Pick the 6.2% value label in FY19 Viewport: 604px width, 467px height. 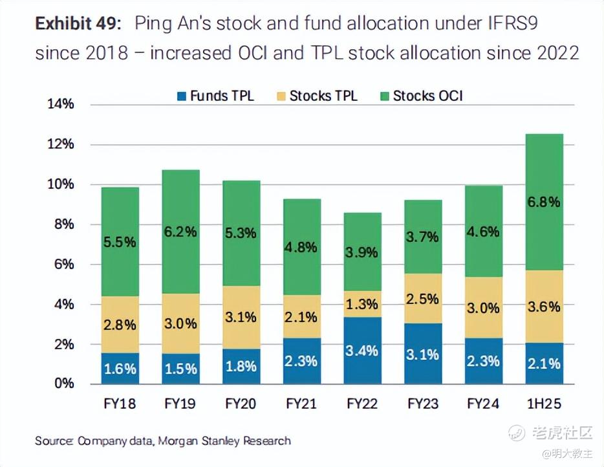[x=180, y=232]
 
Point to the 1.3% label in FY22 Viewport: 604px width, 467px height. [x=362, y=303]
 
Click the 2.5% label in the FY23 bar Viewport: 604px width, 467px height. [x=423, y=299]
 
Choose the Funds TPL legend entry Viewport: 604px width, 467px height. [x=215, y=96]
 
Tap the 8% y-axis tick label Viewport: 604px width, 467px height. [x=63, y=224]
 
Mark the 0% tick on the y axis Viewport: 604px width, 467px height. [x=63, y=384]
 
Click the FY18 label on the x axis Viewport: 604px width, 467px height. [x=120, y=404]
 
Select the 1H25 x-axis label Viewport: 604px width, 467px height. [x=544, y=404]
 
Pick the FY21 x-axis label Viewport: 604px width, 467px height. [x=301, y=404]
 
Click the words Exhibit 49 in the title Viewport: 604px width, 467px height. [x=77, y=24]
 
